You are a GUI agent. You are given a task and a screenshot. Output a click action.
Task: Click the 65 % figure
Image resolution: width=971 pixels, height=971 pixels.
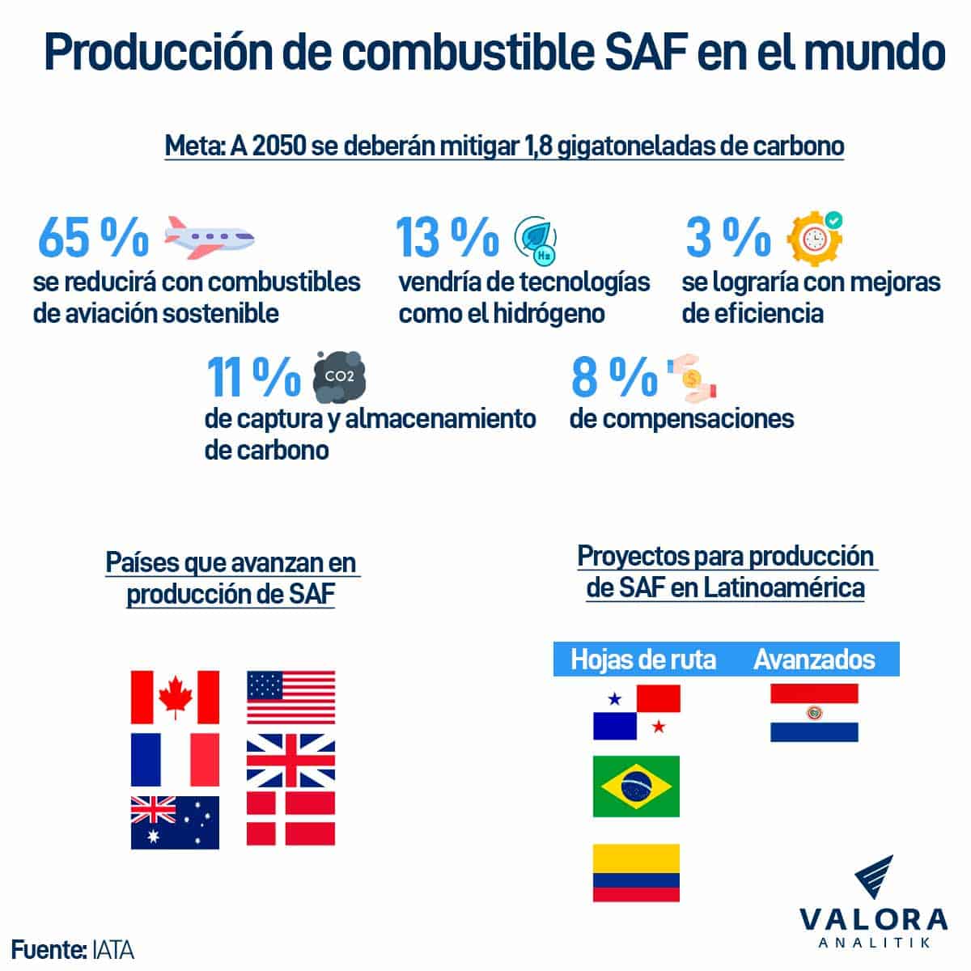point(93,236)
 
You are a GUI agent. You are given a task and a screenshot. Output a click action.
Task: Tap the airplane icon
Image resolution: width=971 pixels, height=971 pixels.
point(209,236)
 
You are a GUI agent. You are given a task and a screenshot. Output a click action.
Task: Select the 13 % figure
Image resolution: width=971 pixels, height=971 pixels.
point(447,236)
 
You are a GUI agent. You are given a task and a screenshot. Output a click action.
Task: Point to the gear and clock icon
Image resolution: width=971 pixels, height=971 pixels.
point(814,236)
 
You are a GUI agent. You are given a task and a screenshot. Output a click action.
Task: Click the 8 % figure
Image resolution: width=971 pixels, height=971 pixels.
point(614,377)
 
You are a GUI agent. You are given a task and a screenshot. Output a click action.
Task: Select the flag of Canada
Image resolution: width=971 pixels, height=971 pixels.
point(175,697)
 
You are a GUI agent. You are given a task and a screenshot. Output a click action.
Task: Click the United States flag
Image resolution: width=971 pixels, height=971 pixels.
point(290,697)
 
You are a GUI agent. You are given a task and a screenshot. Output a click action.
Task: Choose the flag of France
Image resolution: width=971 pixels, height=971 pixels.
point(175,760)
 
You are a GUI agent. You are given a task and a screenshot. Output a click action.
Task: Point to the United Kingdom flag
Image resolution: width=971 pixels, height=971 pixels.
point(290,760)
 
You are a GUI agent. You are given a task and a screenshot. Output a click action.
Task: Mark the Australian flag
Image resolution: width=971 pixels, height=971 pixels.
point(175,822)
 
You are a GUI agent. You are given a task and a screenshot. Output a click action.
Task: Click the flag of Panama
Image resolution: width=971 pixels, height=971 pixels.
point(636,712)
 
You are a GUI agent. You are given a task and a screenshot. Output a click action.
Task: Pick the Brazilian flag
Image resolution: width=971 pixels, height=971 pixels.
point(636,787)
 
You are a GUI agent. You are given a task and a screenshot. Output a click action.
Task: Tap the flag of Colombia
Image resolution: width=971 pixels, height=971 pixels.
point(636,873)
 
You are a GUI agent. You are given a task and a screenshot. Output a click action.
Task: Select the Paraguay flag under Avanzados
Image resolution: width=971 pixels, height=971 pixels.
point(814,712)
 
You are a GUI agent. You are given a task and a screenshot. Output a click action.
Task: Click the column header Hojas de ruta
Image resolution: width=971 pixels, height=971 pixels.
point(643,659)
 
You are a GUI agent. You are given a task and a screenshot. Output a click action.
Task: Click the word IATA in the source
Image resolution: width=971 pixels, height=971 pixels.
point(112,948)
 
